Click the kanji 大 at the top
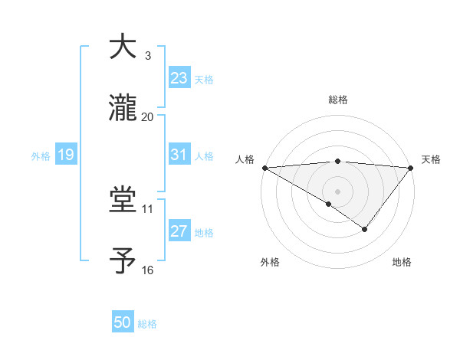[123, 47]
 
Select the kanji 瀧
[123, 109]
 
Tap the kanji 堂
[123, 201]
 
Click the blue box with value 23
[179, 78]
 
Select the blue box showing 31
[179, 155]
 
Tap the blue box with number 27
[179, 231]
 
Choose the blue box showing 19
[65, 155]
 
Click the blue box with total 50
[123, 322]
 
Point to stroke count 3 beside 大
[147, 56]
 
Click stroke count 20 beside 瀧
[147, 116]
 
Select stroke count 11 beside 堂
[147, 208]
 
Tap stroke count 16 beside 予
[147, 270]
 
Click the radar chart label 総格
[337, 100]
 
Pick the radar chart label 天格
[432, 159]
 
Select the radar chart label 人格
[244, 159]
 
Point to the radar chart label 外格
[270, 262]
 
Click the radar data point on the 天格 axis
[412, 167]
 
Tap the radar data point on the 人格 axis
[264, 167]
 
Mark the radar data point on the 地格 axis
[365, 229]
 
